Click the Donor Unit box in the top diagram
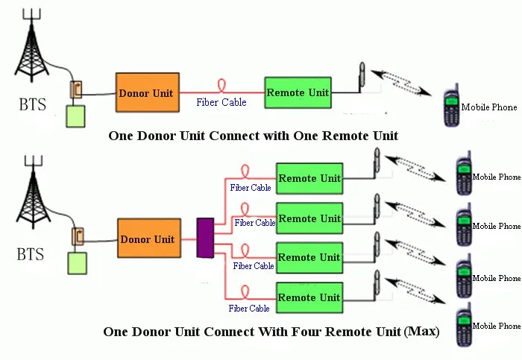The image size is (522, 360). tap(147, 92)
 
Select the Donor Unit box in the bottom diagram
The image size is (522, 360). tap(148, 239)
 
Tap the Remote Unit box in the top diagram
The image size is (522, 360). tap(298, 92)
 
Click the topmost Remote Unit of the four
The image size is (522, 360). tap(309, 179)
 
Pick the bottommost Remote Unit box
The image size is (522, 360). tap(309, 298)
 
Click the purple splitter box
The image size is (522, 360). tap(205, 238)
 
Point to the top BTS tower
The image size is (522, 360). tap(31, 48)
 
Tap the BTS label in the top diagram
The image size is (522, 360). tap(32, 105)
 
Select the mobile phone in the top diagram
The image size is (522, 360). tap(450, 109)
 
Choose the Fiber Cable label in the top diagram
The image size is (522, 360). tap(221, 102)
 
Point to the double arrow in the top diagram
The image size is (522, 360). tap(402, 82)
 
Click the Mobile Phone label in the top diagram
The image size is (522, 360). tap(488, 107)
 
